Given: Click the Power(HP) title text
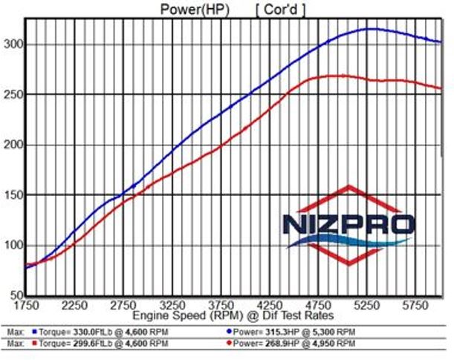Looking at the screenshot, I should tap(195, 9).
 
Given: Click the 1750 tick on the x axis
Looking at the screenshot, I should tap(26, 304).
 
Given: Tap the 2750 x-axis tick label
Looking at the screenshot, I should tap(124, 304).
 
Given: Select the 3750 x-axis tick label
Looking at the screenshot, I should tap(221, 304).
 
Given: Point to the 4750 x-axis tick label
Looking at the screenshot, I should tap(320, 304).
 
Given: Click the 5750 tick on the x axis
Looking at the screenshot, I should tap(417, 304).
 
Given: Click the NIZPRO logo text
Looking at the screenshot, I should tap(347, 225).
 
